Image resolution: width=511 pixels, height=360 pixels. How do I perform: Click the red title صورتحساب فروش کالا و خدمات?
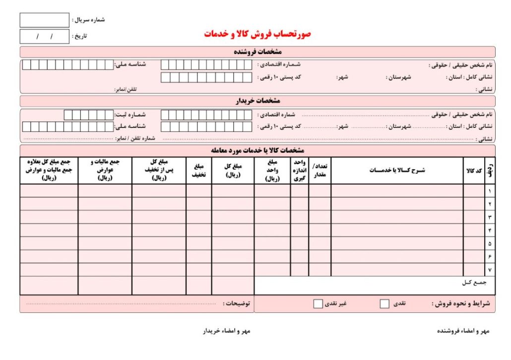tap(257, 34)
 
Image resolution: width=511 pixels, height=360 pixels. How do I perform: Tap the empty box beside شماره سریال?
tap(44, 20)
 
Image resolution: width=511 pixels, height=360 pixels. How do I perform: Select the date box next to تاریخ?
tap(44, 37)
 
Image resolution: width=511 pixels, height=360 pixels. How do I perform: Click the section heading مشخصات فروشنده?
tap(257, 52)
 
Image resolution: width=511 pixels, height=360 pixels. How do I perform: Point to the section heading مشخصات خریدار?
tap(257, 101)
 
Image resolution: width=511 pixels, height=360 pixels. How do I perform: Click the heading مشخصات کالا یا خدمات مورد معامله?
tap(257, 150)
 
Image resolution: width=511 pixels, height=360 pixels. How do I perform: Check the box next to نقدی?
tap(384, 304)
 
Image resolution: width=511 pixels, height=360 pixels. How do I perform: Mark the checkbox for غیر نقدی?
tap(318, 304)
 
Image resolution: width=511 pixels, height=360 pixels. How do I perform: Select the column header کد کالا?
tap(474, 171)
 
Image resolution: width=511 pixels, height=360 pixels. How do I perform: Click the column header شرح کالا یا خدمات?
tap(397, 171)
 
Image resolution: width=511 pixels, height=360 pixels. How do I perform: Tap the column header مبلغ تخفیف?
tap(199, 171)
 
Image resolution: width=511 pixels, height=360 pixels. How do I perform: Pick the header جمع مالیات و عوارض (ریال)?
tap(105, 170)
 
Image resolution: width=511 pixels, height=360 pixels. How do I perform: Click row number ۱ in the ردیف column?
tap(490, 191)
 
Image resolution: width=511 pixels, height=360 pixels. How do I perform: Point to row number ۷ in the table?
tap(490, 270)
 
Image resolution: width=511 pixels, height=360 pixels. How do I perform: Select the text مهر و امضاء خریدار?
tap(227, 331)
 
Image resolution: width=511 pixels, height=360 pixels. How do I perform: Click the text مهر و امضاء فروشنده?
tap(463, 331)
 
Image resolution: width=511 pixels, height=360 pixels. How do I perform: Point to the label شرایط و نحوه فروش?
tap(460, 303)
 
